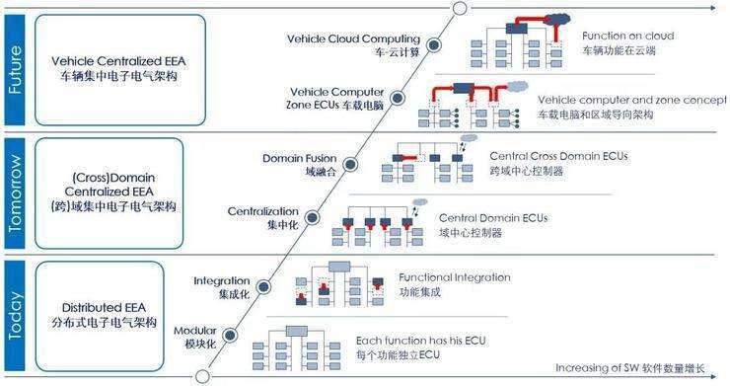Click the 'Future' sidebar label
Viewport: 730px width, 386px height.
[x=15, y=70]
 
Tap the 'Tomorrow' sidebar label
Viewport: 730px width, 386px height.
[x=15, y=193]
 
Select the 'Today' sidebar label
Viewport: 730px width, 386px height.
[x=15, y=316]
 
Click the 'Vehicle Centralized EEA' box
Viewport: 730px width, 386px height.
[x=120, y=70]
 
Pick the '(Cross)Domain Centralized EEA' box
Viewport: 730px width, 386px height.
[x=109, y=193]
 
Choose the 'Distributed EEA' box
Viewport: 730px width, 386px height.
[x=100, y=316]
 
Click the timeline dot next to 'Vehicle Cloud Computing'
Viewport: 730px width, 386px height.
[x=434, y=44]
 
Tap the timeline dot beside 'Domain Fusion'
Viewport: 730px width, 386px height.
[x=350, y=164]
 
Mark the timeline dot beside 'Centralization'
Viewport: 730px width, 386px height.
[x=312, y=217]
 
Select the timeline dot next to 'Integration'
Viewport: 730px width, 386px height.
[x=263, y=286]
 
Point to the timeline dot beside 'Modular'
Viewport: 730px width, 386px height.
[x=230, y=335]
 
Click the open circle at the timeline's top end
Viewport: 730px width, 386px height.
[x=460, y=8]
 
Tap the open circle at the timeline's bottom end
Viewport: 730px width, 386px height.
[x=202, y=376]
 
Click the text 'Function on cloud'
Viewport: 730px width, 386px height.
[x=628, y=36]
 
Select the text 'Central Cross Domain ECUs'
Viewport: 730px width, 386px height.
[x=558, y=156]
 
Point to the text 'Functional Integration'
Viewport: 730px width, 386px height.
[x=455, y=277]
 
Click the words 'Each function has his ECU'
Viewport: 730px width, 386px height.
[x=421, y=341]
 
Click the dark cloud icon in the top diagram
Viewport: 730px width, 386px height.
[x=557, y=20]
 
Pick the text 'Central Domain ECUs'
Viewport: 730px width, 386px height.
[x=493, y=218]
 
